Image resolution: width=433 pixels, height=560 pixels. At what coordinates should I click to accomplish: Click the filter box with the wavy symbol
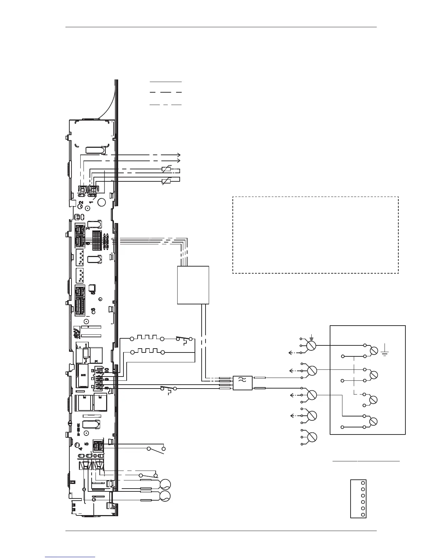pyautogui.click(x=243, y=383)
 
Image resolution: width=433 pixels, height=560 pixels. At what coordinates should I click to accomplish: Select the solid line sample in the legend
pyautogui.click(x=166, y=82)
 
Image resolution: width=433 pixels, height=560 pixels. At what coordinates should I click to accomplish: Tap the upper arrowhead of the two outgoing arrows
pyautogui.click(x=179, y=155)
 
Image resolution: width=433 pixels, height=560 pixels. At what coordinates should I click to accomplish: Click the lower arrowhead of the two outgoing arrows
pyautogui.click(x=179, y=161)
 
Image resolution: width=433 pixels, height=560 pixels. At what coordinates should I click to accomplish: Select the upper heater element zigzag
pyautogui.click(x=146, y=339)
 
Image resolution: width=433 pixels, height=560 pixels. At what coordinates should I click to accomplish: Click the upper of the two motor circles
pyautogui.click(x=165, y=484)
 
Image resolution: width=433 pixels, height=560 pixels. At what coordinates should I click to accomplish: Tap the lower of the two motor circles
pyautogui.click(x=165, y=496)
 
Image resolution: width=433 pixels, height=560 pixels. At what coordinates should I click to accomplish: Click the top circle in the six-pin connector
pyautogui.click(x=363, y=483)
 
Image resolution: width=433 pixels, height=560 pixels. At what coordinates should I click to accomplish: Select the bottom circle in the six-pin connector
pyautogui.click(x=363, y=514)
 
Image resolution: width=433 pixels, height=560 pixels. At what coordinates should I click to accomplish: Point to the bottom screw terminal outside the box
pyautogui.click(x=312, y=437)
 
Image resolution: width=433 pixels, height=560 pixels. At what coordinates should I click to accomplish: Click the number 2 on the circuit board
pyautogui.click(x=81, y=203)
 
